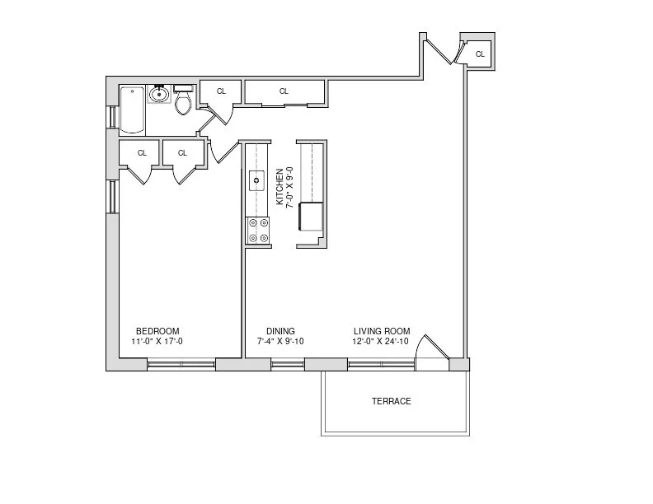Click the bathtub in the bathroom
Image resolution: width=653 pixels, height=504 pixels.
pos(132,110)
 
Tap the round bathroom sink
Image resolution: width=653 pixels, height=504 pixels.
pos(159,95)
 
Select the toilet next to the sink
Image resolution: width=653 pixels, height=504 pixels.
pos(183,100)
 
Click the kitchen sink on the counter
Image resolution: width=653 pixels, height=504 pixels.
pos(256,178)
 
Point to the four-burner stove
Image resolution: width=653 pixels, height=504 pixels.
pos(258,230)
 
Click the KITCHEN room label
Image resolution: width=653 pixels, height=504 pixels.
pos(280,187)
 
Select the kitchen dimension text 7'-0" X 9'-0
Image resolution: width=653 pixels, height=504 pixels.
pos(290,187)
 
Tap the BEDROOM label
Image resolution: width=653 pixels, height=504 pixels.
pos(157,331)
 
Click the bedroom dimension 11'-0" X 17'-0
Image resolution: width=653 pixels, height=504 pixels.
pos(157,342)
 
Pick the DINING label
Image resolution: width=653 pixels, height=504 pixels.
pos(280,331)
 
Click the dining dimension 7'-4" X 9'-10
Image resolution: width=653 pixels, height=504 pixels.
pos(280,342)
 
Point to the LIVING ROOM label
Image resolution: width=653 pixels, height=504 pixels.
pos(382,331)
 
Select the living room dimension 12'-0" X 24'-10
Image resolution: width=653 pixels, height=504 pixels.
pos(382,342)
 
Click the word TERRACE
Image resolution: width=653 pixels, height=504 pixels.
pos(391,402)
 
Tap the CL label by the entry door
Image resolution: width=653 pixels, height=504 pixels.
pos(480,54)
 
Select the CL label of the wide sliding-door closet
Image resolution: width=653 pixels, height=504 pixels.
pos(284,91)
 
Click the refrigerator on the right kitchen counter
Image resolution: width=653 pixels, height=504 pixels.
pos(312,217)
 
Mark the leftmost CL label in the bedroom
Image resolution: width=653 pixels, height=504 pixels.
pos(142,152)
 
